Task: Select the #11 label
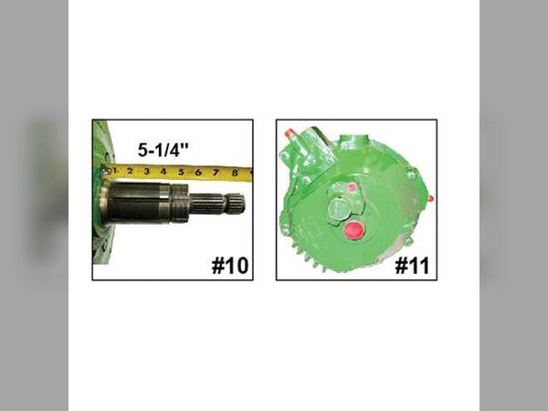click(410, 266)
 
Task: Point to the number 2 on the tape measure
click(131, 171)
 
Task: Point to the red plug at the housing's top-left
click(291, 134)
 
